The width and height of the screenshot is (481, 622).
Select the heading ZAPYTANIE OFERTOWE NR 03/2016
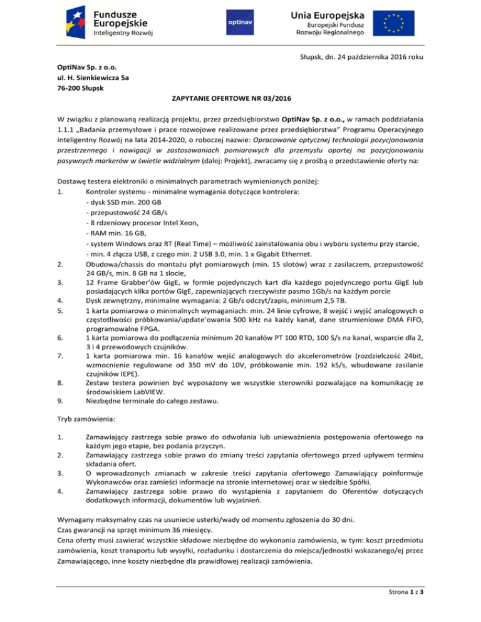click(239, 99)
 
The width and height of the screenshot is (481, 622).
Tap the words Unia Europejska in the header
click(323, 14)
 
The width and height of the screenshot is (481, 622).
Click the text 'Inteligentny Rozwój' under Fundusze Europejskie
click(122, 33)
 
